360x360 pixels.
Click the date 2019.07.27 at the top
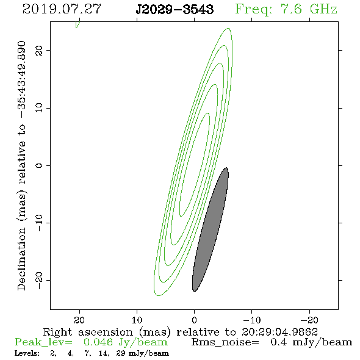(62, 9)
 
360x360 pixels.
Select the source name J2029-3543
(175, 10)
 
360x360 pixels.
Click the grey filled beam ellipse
(211, 229)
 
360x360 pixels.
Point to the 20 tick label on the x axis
(79, 320)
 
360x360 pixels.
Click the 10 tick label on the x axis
(137, 320)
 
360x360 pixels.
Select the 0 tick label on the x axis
(194, 320)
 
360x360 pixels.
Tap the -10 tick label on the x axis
(252, 320)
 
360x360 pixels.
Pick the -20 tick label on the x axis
(309, 320)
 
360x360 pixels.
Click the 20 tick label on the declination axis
(39, 50)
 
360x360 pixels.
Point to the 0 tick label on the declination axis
(39, 165)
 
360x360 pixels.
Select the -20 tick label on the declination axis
(39, 281)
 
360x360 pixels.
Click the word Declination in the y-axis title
(21, 259)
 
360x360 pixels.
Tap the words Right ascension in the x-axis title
(88, 332)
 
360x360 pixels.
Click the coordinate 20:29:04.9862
(279, 332)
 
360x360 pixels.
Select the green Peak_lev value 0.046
(98, 342)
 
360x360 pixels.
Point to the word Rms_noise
(225, 342)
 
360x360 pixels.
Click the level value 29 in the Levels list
(121, 353)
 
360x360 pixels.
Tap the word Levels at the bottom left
(27, 353)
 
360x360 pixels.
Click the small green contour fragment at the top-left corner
(77, 24)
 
